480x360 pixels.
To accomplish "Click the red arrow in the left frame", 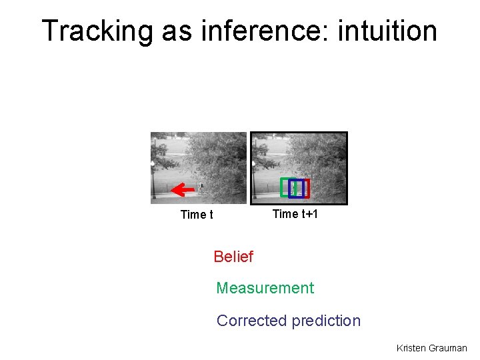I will click(x=182, y=190).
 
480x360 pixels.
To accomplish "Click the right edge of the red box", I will click(x=309, y=189).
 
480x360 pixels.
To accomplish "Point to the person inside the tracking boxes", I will click(x=294, y=189).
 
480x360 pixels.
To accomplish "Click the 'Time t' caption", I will click(x=197, y=215).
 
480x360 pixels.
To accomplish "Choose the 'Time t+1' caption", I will click(x=295, y=214).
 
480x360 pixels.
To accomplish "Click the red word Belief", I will click(x=233, y=257).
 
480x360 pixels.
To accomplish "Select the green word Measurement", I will click(x=265, y=289).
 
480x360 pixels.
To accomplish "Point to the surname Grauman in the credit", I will click(x=448, y=348).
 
